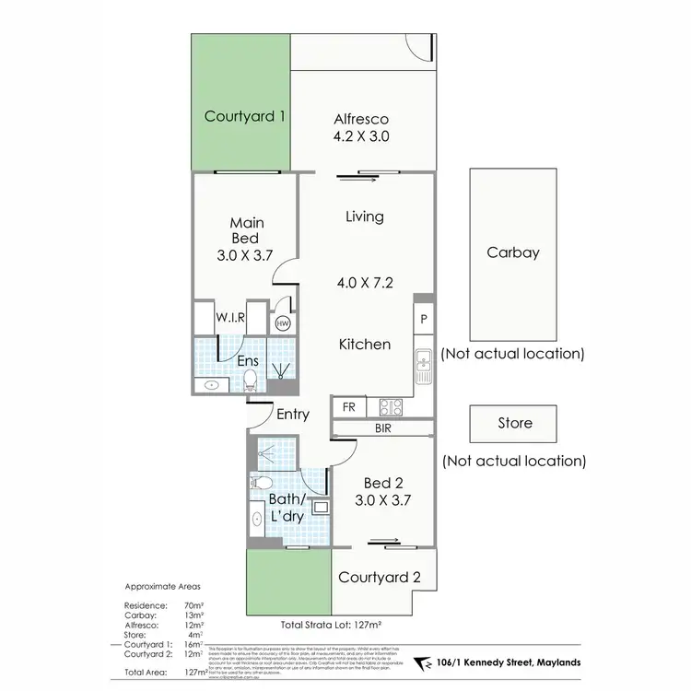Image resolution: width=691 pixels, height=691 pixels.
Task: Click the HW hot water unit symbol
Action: tap(284, 324)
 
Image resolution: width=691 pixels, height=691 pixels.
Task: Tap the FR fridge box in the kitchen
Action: tap(350, 406)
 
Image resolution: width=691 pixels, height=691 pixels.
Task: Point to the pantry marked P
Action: tap(423, 319)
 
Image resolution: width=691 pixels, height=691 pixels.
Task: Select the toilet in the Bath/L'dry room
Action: tap(261, 483)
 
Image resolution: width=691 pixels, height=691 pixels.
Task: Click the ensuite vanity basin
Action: tap(212, 384)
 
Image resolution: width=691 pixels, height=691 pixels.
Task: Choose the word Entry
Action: tap(293, 415)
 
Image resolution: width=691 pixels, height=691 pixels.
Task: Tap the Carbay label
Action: tap(514, 253)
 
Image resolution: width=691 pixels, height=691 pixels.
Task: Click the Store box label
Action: tap(514, 423)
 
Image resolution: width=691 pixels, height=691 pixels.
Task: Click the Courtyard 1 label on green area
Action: tap(244, 117)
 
